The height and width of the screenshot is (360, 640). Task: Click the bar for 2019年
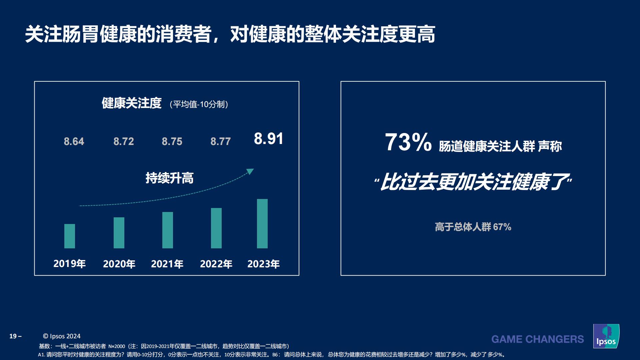(x=70, y=236)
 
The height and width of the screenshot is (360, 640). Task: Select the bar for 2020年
(x=119, y=233)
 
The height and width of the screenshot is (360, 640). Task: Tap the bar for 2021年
(x=168, y=230)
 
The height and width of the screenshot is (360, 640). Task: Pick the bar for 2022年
(x=216, y=228)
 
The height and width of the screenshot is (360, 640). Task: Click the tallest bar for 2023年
(x=262, y=224)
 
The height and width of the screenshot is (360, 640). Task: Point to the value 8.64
(x=74, y=141)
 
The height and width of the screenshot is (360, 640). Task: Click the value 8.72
(x=124, y=141)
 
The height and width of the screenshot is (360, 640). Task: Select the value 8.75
(x=172, y=141)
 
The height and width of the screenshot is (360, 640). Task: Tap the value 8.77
(x=221, y=141)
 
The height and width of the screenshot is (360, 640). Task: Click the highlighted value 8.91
(x=268, y=139)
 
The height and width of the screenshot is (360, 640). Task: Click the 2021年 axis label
(x=167, y=264)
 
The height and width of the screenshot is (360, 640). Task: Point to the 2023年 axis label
(x=263, y=264)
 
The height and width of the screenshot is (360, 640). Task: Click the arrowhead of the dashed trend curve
(x=250, y=171)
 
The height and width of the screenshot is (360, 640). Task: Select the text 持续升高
(x=169, y=178)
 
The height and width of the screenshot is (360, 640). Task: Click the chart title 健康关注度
(x=132, y=103)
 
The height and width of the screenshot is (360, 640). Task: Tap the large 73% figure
(x=408, y=143)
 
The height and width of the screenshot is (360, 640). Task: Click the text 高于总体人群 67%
(x=473, y=227)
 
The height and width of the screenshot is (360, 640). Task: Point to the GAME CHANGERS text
(x=537, y=339)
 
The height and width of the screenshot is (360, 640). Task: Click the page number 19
(x=13, y=336)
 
